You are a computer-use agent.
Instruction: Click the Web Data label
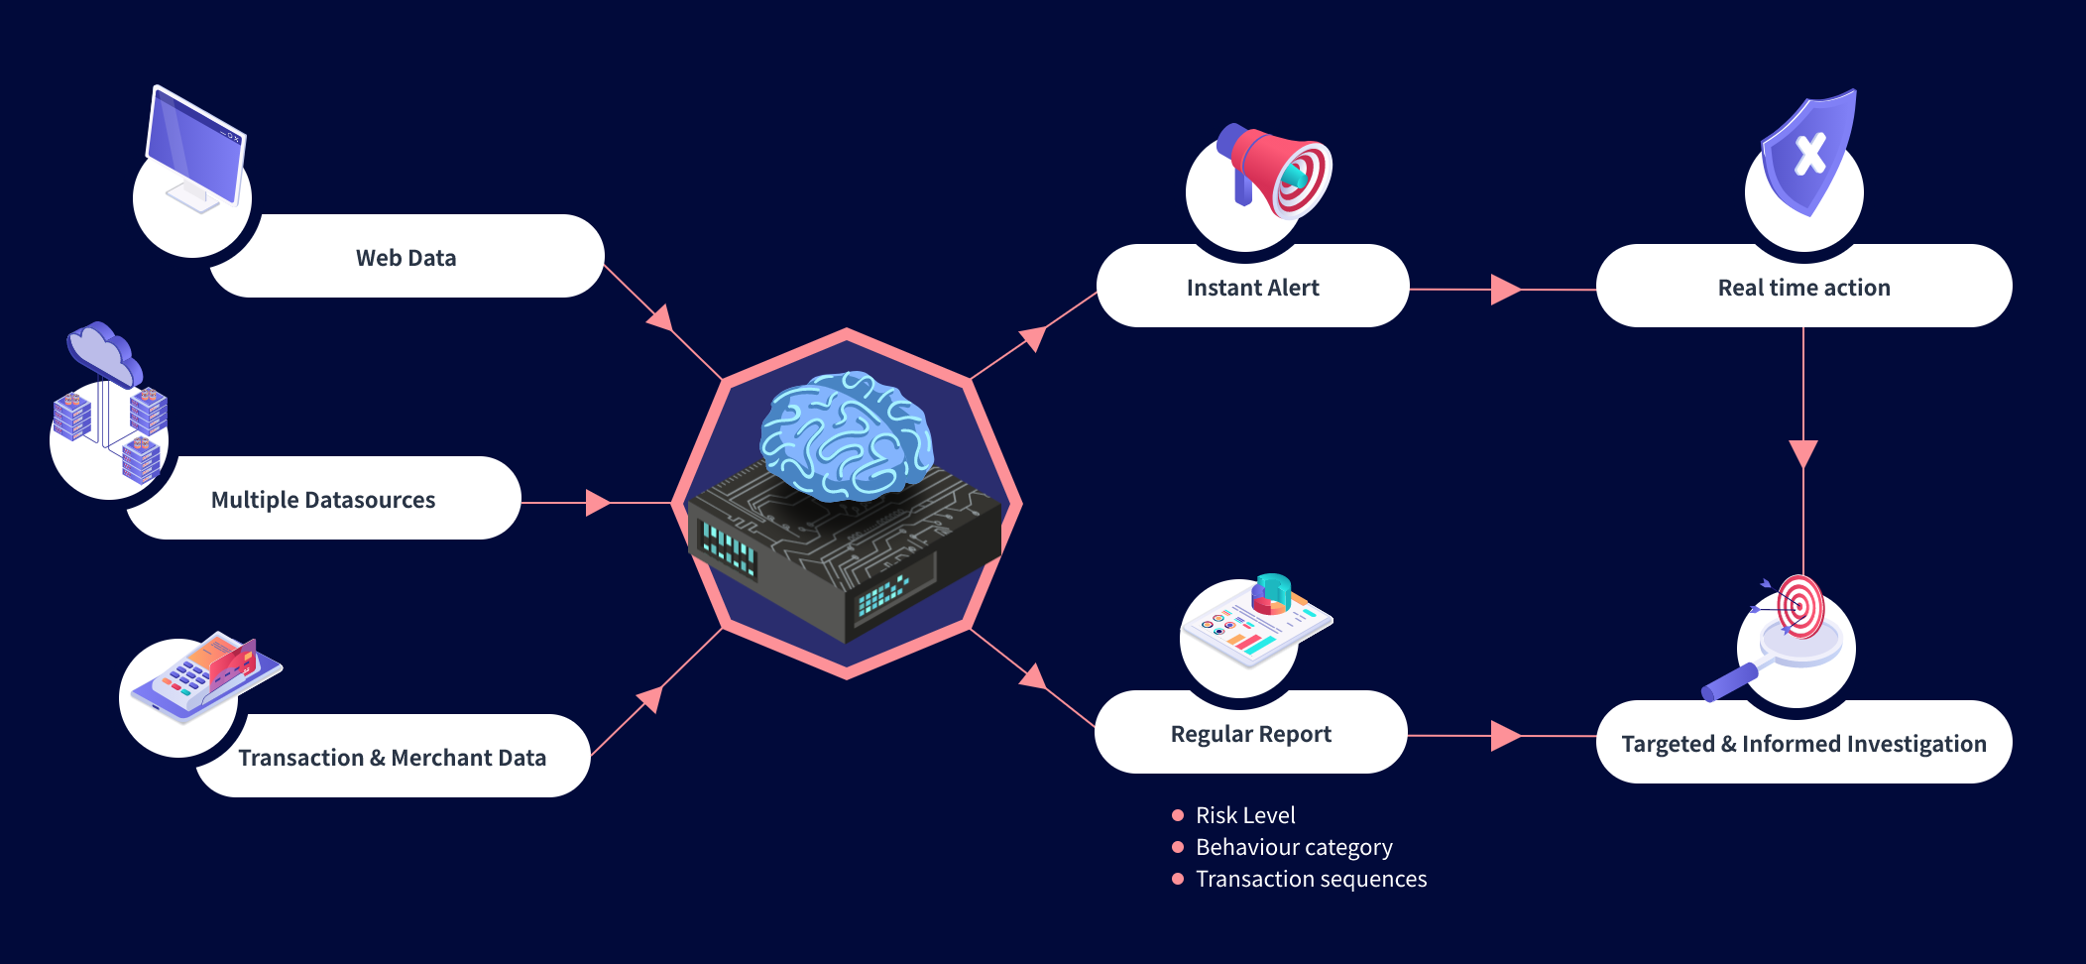pyautogui.click(x=406, y=258)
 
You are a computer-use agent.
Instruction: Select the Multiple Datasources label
pyautogui.click(x=323, y=500)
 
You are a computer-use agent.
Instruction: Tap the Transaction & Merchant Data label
pyautogui.click(x=393, y=758)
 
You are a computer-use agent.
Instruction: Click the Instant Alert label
pyautogui.click(x=1252, y=288)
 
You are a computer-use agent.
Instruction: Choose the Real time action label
pyautogui.click(x=1803, y=288)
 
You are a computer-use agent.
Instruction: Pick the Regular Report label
pyautogui.click(x=1250, y=734)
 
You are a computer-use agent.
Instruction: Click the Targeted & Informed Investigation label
pyautogui.click(x=1803, y=744)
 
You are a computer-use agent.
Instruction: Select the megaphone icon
pyautogui.click(x=1277, y=169)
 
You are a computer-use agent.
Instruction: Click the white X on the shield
pyautogui.click(x=1810, y=154)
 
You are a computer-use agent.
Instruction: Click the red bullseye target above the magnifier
pyautogui.click(x=1799, y=605)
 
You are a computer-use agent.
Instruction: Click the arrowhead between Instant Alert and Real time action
pyautogui.click(x=1504, y=290)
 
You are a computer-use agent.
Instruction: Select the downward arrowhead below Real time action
pyautogui.click(x=1803, y=453)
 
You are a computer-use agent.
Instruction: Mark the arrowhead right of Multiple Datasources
pyautogui.click(x=597, y=503)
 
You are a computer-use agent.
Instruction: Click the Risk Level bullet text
pyautogui.click(x=1245, y=815)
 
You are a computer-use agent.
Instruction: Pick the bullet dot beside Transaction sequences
pyautogui.click(x=1178, y=879)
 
